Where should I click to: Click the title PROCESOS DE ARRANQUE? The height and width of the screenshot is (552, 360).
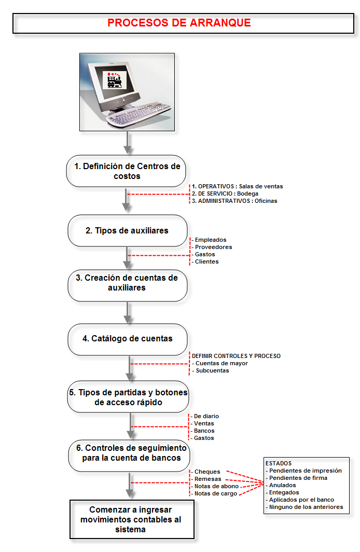tap(179, 23)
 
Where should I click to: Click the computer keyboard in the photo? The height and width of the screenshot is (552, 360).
tap(139, 115)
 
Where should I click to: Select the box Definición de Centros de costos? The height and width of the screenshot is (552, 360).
tap(126, 171)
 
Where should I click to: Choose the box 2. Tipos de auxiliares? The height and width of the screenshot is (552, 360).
tap(127, 230)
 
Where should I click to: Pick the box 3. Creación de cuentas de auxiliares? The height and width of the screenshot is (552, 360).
tap(127, 283)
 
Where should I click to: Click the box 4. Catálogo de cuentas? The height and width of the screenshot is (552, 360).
tap(127, 339)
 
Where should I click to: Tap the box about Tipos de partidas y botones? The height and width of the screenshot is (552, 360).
tap(128, 397)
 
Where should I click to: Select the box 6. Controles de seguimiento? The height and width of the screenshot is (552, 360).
tap(128, 453)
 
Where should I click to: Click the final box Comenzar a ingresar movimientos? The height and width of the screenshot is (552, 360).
tap(128, 519)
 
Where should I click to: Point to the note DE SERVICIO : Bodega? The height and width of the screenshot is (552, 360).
tap(225, 194)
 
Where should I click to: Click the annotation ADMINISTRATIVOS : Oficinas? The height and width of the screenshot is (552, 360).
tap(234, 201)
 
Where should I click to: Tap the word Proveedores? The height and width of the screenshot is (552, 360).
tap(213, 247)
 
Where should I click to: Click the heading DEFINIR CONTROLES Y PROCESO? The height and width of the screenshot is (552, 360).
tap(236, 356)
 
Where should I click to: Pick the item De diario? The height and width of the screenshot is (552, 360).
tap(206, 416)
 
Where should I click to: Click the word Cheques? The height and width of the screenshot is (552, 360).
tap(207, 472)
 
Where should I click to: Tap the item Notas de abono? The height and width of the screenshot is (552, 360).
tap(216, 486)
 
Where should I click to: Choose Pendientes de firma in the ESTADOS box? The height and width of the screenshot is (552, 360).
tap(298, 478)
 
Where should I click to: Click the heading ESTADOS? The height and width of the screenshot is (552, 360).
tap(279, 463)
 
